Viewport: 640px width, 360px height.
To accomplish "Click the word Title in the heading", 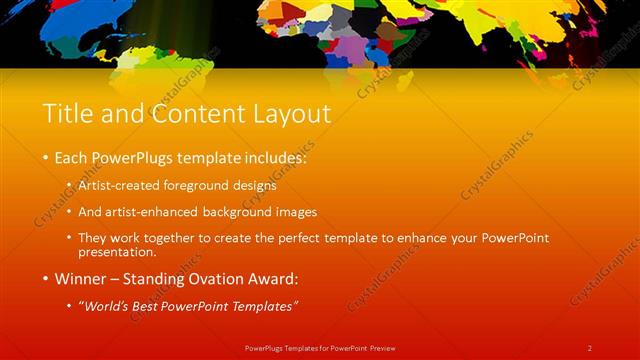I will [x=67, y=114].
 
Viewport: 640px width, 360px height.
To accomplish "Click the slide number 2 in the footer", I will [x=590, y=347].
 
